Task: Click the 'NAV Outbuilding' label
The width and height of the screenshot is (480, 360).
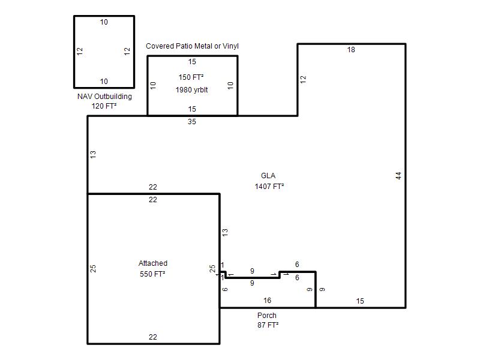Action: click(x=104, y=97)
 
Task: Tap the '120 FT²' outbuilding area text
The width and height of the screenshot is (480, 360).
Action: click(x=104, y=106)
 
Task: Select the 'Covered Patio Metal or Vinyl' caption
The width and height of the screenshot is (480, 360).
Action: click(x=192, y=46)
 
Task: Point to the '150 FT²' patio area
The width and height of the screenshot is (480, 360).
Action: click(x=191, y=77)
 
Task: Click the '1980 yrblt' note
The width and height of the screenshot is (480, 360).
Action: click(x=191, y=89)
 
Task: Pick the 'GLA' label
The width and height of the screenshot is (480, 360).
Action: click(x=268, y=175)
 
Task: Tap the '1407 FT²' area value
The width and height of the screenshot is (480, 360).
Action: click(x=269, y=186)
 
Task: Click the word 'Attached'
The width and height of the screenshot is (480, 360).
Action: click(x=153, y=263)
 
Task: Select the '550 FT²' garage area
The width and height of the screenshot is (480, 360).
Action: click(x=152, y=274)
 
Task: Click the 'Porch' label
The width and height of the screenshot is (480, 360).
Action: click(x=267, y=316)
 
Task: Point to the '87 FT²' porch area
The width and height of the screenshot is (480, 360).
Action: click(x=268, y=325)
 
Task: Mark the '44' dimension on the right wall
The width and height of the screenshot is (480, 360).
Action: click(x=398, y=176)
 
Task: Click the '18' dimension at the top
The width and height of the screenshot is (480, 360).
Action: click(x=351, y=50)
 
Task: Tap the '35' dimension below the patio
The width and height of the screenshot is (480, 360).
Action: click(x=192, y=122)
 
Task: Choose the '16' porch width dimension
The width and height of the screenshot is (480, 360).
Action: click(x=267, y=301)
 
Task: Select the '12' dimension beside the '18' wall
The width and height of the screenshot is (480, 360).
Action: click(x=303, y=80)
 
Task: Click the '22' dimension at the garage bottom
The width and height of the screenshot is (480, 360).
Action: click(x=153, y=337)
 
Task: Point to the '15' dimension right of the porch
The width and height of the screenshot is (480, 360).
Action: click(x=360, y=301)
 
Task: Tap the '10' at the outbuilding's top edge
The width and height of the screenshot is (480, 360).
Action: click(x=104, y=22)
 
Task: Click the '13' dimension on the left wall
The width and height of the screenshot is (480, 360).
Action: click(x=93, y=154)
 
